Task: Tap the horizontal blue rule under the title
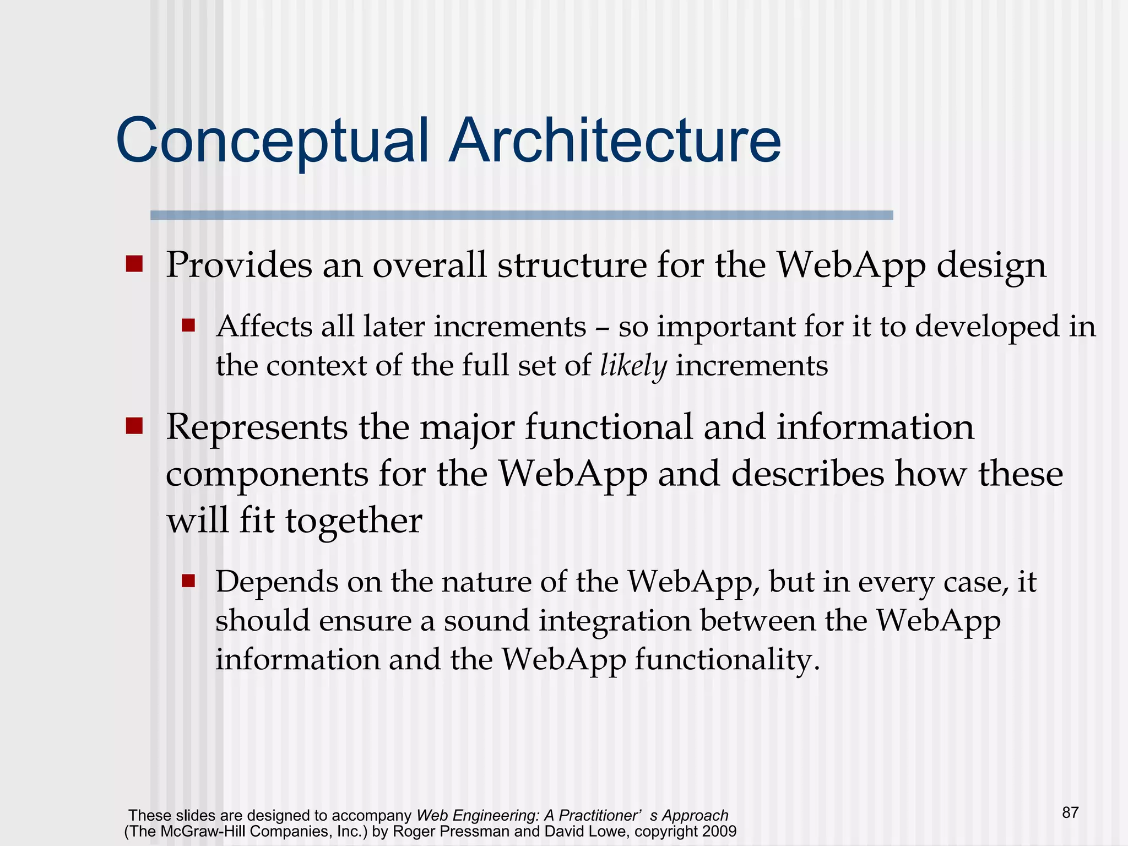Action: [x=521, y=215]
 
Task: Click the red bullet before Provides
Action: [x=134, y=264]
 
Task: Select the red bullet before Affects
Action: [x=188, y=326]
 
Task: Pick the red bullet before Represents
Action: [x=134, y=426]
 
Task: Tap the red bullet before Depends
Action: [x=188, y=581]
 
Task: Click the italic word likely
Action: [x=633, y=366]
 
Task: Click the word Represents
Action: [x=257, y=428]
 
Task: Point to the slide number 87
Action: [x=1070, y=812]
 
